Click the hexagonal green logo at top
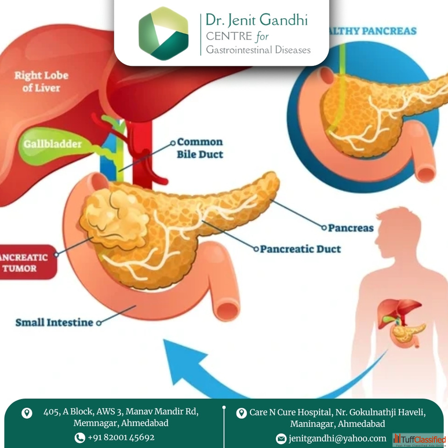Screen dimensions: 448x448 [163, 33]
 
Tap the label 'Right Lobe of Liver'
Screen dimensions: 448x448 [41, 81]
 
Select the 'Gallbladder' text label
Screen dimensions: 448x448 [52, 144]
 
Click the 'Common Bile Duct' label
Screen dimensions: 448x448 [200, 148]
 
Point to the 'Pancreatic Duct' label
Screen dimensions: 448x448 [300, 249]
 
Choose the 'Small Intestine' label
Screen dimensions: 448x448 [54, 322]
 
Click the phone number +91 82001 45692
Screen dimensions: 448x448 [121, 437]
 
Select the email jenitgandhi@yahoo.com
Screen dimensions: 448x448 [337, 438]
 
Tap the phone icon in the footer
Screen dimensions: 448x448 [80, 438]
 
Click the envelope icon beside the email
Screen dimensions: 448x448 [281, 439]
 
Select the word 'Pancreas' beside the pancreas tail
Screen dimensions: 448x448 [350, 228]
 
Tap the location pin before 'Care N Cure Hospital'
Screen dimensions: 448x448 [241, 413]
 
